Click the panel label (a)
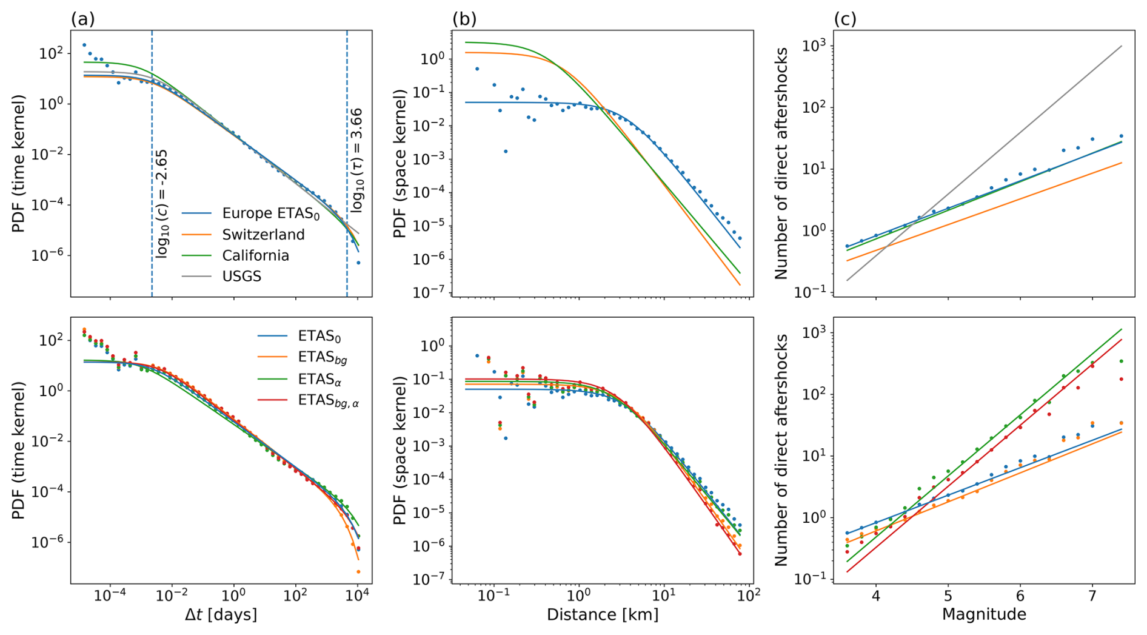coord(83,19)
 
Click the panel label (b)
coord(464,19)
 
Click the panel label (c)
coord(845,19)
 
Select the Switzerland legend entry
coord(263,235)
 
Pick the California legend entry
coord(255,255)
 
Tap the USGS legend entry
coord(241,277)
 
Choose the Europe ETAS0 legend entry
coord(270,213)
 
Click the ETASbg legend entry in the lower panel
coord(323,358)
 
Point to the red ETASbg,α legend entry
coord(328,401)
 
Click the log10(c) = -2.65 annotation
coord(162,204)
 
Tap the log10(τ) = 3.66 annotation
coord(357,160)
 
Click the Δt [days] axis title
coord(221,615)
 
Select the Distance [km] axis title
coord(602,615)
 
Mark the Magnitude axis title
coord(983,615)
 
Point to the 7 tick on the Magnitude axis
coord(1092,596)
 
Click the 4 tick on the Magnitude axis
coord(875,596)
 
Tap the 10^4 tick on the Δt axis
coord(358,596)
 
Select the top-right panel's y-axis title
coord(781,163)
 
